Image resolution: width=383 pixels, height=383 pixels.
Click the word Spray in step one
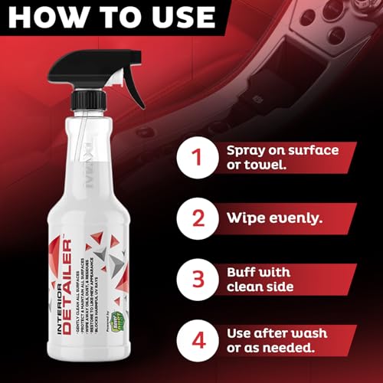pyautogui.click(x=247, y=149)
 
